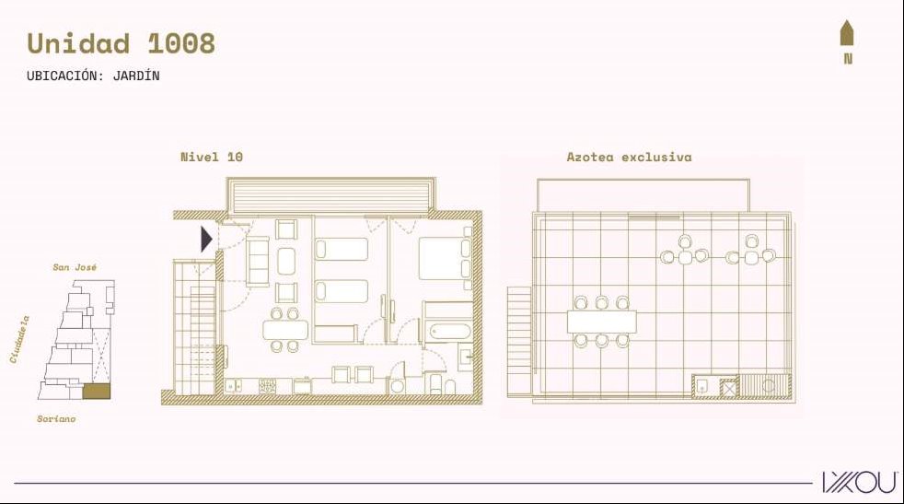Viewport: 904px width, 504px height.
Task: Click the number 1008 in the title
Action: [181, 43]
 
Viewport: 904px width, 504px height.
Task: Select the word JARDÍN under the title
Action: [136, 75]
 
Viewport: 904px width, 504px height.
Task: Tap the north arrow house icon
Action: [846, 33]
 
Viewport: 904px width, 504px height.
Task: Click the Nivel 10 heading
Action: [212, 157]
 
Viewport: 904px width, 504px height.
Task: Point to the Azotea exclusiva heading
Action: [629, 157]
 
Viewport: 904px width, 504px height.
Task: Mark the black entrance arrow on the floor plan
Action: [206, 239]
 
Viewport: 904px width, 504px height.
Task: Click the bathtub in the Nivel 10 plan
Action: [450, 332]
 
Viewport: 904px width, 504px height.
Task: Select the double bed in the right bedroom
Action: [445, 259]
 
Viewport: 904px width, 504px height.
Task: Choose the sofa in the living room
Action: [258, 261]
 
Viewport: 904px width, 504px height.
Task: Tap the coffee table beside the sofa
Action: [286, 261]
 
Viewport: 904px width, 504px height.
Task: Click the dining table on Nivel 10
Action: [285, 330]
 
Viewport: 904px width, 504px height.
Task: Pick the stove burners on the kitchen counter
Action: [268, 386]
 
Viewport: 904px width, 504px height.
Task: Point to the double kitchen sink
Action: [234, 386]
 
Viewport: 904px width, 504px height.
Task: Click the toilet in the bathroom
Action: [450, 386]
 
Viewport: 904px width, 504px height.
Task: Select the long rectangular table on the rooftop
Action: [602, 322]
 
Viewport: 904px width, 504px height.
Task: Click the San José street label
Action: [75, 267]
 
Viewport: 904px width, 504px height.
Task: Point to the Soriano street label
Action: [56, 419]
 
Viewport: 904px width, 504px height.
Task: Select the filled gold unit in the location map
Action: [97, 392]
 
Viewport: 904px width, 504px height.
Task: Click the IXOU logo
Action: [860, 482]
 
